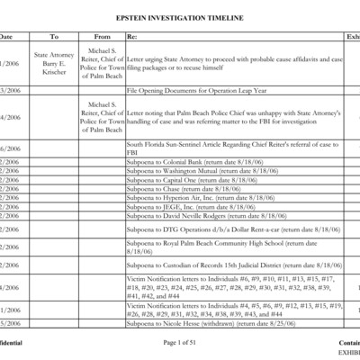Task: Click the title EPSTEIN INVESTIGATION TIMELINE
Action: [179, 17]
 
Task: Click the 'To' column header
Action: [53, 37]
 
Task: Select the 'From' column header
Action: [102, 37]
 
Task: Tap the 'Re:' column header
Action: [133, 37]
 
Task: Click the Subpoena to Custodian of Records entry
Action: [234, 265]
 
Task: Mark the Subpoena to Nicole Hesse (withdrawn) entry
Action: [198, 322]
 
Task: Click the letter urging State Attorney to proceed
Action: [235, 61]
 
